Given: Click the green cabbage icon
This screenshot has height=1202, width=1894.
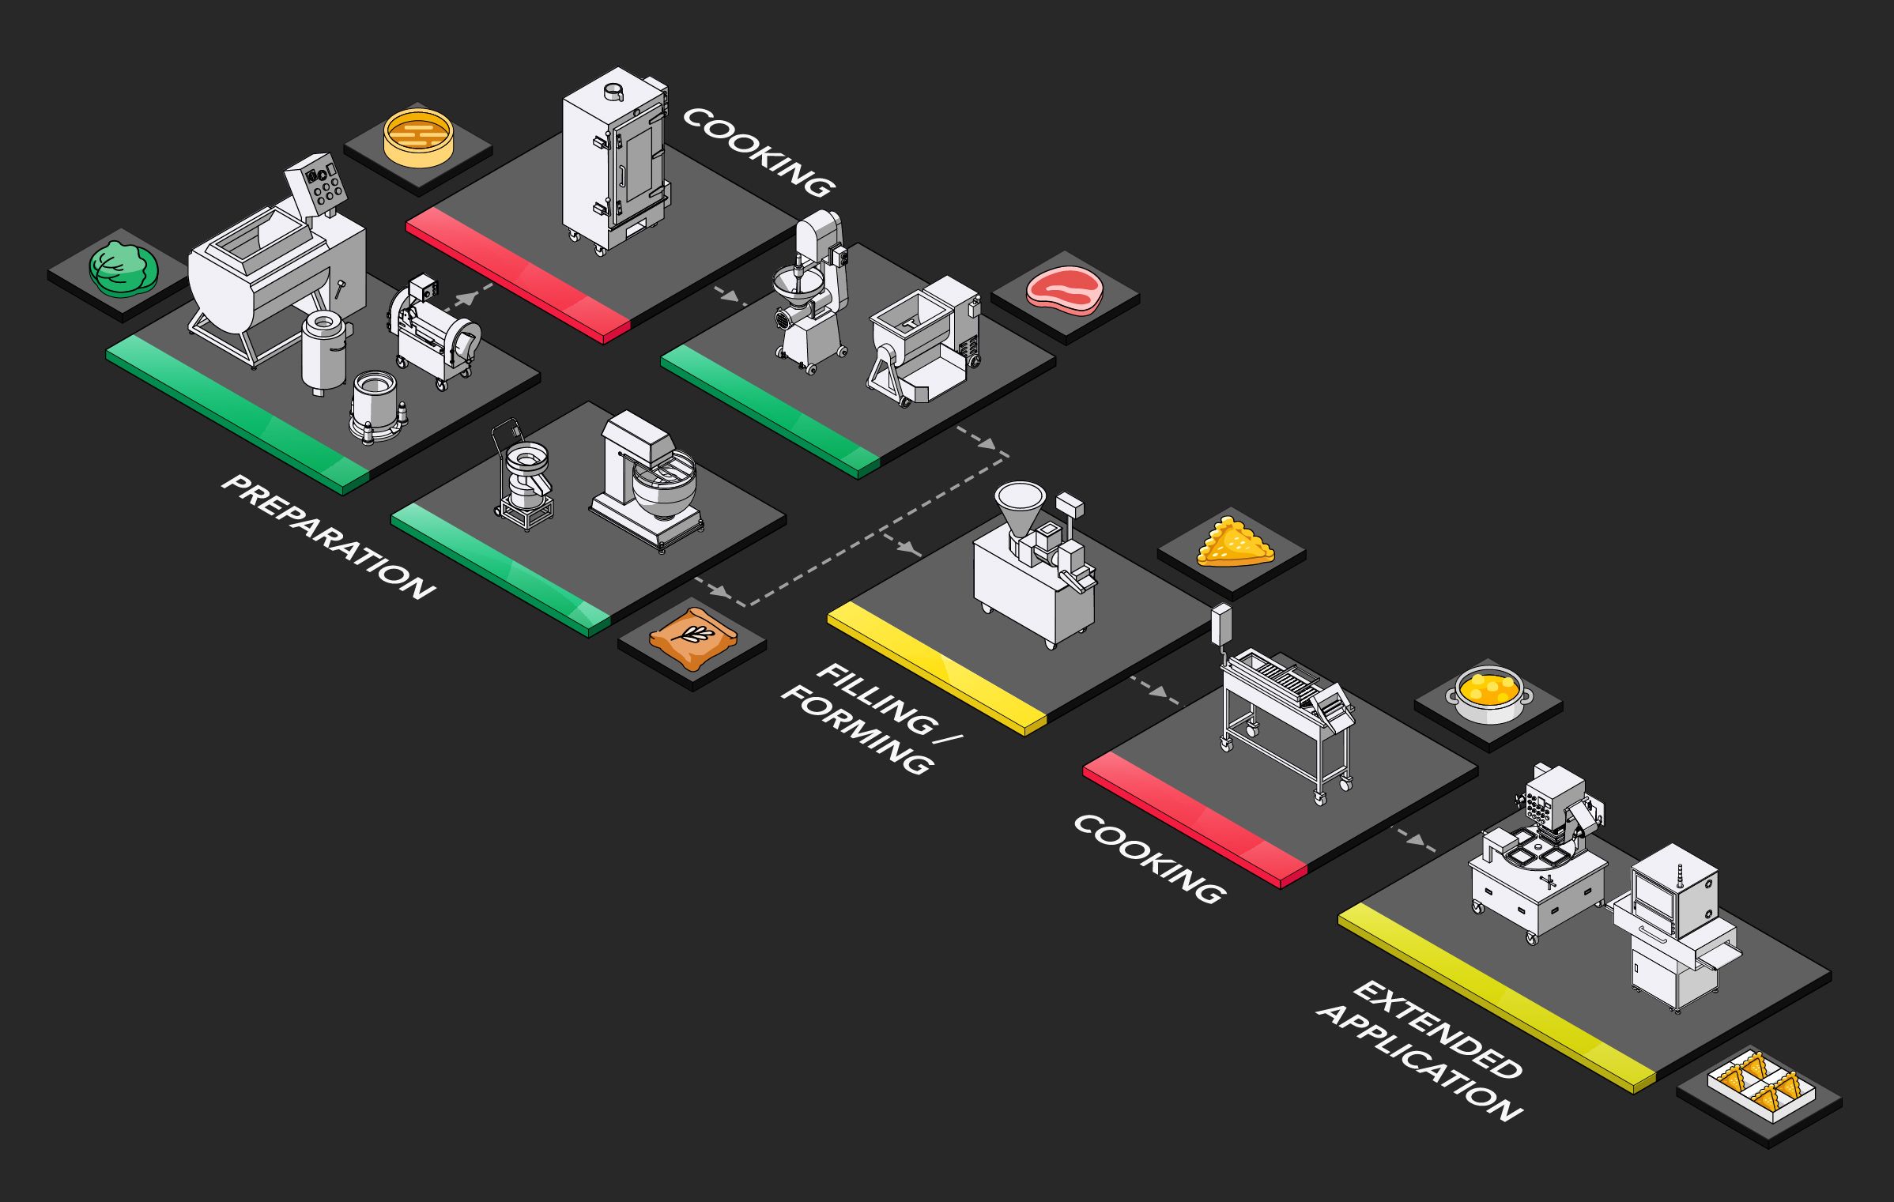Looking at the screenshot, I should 123,269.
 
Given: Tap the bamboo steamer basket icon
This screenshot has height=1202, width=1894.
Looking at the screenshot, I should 418,138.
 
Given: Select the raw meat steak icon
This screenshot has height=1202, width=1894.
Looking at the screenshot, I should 1064,291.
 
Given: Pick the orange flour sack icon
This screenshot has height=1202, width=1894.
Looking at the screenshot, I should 692,638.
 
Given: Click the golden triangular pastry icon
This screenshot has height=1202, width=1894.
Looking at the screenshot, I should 1233,544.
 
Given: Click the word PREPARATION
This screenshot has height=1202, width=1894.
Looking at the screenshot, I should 327,537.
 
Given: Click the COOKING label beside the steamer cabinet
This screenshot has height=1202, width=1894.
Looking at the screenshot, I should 757,153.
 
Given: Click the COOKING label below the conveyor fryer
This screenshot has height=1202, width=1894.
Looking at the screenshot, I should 1149,858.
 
